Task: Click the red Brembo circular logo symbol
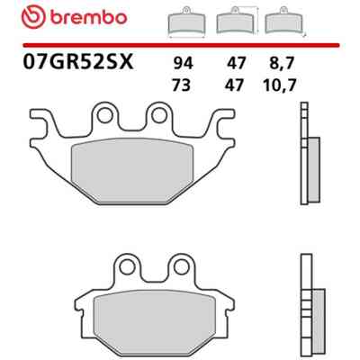pos(33,17)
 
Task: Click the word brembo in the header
pos(88,18)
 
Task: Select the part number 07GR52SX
pos(78,62)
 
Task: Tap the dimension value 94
pos(183,64)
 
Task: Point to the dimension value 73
pos(182,85)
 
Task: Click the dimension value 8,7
pos(280,64)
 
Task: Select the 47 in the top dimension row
pos(236,64)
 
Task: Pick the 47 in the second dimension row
pos(235,85)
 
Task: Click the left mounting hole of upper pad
pos(104,115)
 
